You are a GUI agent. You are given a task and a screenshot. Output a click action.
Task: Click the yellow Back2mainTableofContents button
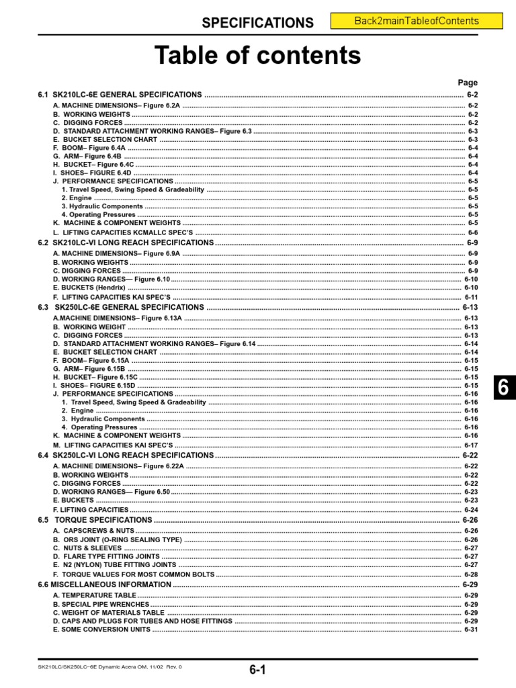(x=417, y=21)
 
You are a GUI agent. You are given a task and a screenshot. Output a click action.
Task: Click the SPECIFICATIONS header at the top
(x=258, y=23)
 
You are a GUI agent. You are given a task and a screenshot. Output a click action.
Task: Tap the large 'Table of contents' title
(x=258, y=54)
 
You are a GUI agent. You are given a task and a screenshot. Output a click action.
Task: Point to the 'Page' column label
(x=468, y=83)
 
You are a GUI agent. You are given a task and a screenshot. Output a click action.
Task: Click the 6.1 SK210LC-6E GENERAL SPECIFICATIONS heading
(x=121, y=95)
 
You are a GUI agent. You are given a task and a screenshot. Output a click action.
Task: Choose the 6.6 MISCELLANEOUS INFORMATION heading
(x=104, y=585)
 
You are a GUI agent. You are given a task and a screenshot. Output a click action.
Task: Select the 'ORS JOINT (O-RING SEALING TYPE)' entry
(x=118, y=540)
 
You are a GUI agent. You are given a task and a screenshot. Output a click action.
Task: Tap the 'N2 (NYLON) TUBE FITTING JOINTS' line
(x=115, y=565)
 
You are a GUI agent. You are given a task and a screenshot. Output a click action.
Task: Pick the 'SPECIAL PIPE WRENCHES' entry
(x=101, y=604)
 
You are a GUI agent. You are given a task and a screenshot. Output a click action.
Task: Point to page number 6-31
(x=470, y=630)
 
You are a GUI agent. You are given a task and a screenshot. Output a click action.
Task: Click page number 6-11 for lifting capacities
(x=470, y=297)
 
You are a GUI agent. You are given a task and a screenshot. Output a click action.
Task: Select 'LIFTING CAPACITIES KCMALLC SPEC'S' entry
(x=124, y=232)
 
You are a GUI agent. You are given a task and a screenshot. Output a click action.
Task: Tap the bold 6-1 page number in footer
(x=258, y=669)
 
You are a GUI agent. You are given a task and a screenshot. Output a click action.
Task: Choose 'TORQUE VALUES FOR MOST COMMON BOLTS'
(x=134, y=574)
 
